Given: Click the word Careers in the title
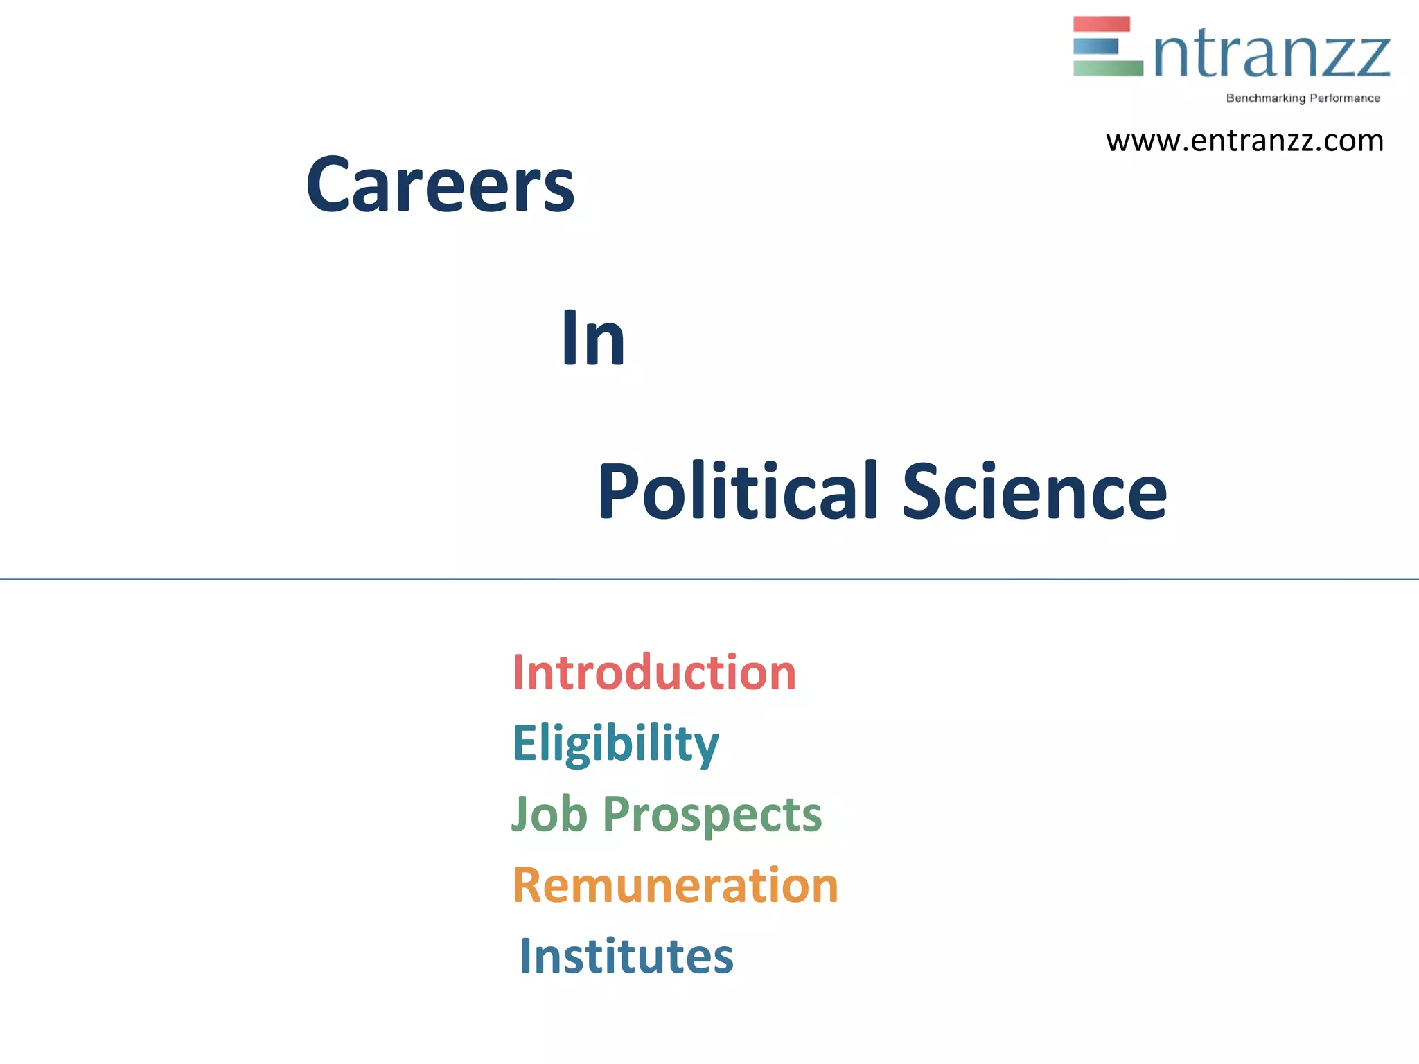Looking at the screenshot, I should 441,185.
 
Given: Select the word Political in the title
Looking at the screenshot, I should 738,492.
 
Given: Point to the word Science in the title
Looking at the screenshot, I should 1034,492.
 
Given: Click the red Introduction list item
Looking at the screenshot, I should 654,673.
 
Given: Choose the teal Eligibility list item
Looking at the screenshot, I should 615,743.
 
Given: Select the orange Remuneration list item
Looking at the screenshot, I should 675,885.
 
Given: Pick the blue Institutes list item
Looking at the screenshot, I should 626,956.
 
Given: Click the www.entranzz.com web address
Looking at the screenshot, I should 1244,141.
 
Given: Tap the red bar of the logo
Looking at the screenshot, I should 1101,24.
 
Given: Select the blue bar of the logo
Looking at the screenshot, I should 1095,46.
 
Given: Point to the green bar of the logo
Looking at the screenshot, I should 1107,68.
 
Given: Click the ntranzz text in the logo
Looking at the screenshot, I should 1272,55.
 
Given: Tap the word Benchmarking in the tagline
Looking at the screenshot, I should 1265,98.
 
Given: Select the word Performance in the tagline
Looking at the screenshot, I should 1344,98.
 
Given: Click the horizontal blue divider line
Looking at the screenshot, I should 709,579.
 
